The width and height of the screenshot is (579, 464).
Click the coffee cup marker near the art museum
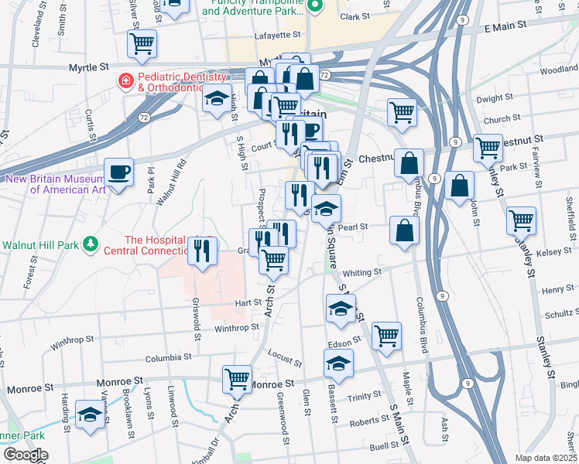(x=118, y=172)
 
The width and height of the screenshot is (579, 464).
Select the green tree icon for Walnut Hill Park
(x=91, y=244)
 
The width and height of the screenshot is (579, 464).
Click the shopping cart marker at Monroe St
(x=237, y=379)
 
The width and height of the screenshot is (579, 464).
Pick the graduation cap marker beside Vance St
(x=90, y=415)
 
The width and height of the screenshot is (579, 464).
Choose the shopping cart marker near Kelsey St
(x=521, y=220)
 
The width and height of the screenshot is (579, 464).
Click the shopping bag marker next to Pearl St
(x=404, y=230)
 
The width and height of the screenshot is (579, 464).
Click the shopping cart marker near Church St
(x=402, y=113)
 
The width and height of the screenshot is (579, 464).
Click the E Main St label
(x=505, y=26)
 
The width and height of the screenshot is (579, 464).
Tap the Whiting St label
(x=363, y=272)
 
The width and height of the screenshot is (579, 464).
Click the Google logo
(x=26, y=455)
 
